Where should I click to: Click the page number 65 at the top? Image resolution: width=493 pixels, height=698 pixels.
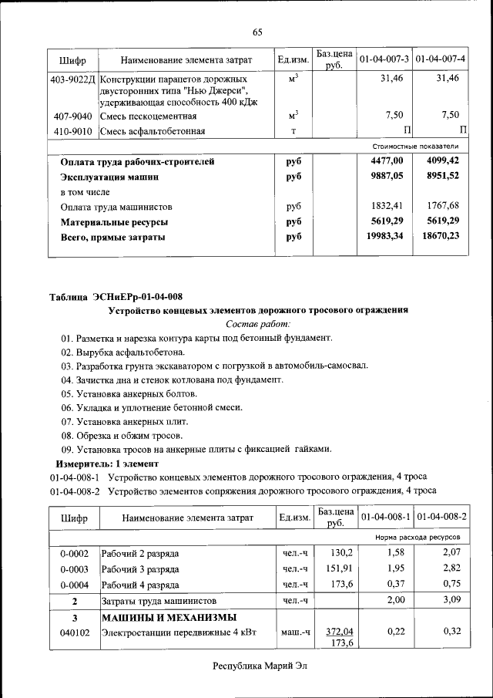click(257, 32)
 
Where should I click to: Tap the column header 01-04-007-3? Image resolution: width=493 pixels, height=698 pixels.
click(384, 59)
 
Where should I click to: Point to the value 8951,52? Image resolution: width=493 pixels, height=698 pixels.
click(441, 176)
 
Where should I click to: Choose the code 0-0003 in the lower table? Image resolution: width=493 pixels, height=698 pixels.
click(74, 568)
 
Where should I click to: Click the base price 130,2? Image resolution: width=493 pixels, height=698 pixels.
click(340, 553)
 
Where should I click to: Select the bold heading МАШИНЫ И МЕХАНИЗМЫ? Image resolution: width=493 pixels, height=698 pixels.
click(169, 618)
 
